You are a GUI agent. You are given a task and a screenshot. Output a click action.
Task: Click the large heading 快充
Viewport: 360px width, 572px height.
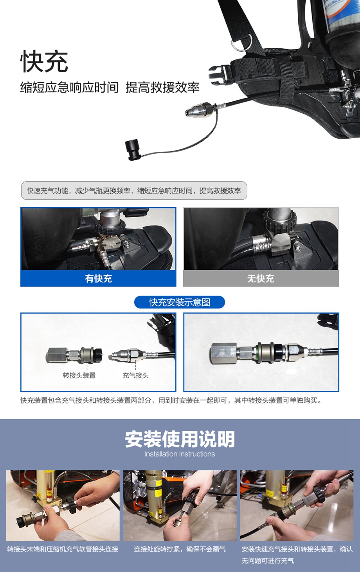(x=44, y=61)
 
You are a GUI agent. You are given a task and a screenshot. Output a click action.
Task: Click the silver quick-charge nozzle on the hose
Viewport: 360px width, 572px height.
(x=199, y=110)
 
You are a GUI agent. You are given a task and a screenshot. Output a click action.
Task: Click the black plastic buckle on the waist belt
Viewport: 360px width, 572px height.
(x=219, y=72)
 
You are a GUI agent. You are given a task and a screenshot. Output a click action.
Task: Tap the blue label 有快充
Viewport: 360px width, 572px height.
(x=98, y=278)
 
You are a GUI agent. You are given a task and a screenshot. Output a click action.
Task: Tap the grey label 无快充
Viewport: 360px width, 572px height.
(x=261, y=278)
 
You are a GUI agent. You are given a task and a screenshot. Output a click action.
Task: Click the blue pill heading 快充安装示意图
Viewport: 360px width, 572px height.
(x=180, y=302)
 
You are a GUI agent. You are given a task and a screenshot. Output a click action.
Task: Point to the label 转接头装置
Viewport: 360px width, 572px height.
(x=79, y=375)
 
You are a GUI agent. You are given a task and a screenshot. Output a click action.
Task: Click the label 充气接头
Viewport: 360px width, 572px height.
(x=135, y=375)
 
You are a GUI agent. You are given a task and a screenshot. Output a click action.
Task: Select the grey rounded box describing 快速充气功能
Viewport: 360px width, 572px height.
(x=134, y=190)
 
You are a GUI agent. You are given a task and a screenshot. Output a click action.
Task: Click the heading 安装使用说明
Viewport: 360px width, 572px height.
(x=180, y=439)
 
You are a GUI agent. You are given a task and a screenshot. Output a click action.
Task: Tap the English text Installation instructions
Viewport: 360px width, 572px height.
(x=180, y=454)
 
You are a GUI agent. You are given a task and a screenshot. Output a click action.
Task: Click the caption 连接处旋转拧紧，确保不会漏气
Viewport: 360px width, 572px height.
(x=180, y=549)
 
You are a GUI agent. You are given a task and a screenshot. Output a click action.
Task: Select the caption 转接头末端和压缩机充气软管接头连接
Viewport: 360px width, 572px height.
(x=63, y=549)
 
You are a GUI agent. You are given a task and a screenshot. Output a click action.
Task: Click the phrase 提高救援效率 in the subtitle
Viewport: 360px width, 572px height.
(x=162, y=88)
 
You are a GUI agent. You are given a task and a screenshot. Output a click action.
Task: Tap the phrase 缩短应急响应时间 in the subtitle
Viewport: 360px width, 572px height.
(x=70, y=88)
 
